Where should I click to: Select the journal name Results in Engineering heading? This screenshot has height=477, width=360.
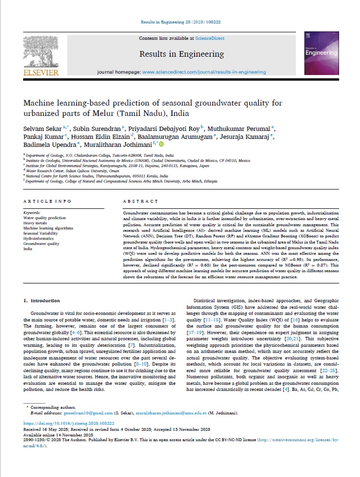coord(182,54)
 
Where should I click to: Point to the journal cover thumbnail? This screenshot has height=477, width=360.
coord(321,53)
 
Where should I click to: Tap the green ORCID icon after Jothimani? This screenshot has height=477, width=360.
coord(162,144)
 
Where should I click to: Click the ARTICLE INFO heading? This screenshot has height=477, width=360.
coord(47,201)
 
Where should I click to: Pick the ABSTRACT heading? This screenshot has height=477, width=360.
coord(141,201)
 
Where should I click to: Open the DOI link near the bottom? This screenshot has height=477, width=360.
coord(69,423)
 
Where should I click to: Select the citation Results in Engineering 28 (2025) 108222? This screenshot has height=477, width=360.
coord(181,22)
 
